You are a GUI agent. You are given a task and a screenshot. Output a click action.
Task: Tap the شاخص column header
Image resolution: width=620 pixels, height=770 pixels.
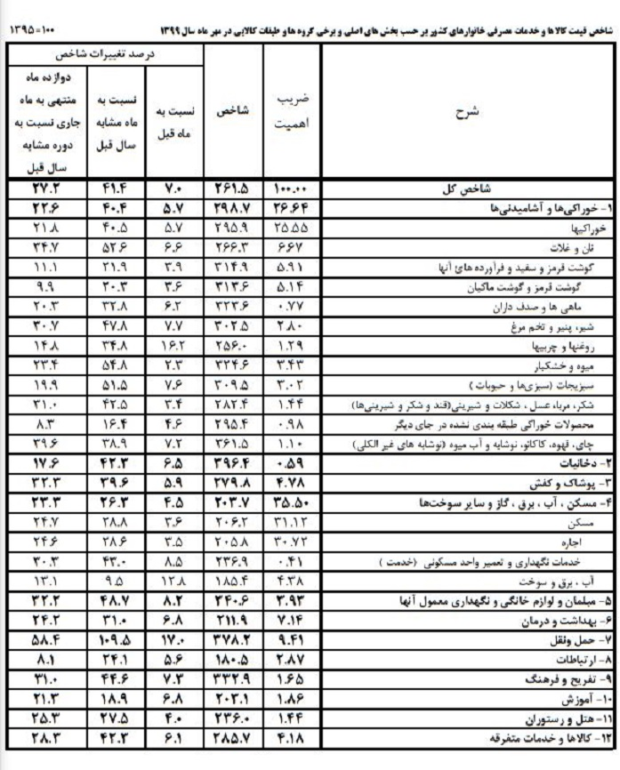pos(233,111)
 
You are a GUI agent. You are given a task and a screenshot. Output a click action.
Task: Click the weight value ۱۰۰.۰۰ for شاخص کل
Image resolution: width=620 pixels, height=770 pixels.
pos(289,188)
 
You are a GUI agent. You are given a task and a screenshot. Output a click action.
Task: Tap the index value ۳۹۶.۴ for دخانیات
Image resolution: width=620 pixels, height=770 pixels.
pos(232,463)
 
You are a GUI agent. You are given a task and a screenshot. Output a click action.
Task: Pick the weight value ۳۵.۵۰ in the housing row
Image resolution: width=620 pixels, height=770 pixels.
pos(290,502)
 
